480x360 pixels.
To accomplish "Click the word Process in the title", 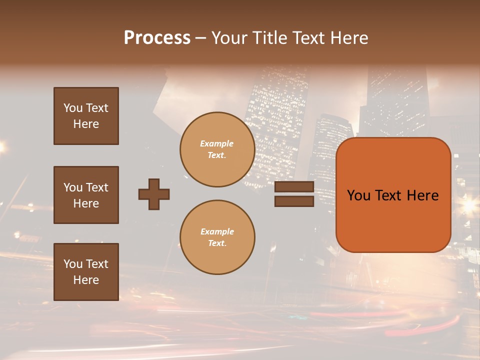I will (x=157, y=38).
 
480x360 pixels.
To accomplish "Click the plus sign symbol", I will (x=154, y=194).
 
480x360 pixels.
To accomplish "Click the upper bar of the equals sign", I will (x=294, y=187).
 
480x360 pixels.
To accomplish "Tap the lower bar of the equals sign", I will (x=294, y=201).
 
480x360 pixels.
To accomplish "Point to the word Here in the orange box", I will (x=422, y=195).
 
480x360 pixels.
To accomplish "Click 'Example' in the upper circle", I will (x=217, y=143).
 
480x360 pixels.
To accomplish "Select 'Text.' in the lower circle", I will (x=217, y=243).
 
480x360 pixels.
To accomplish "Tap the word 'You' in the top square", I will (x=73, y=108).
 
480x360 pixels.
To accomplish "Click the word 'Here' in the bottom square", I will (x=86, y=280).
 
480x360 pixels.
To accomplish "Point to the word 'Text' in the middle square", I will (x=97, y=187).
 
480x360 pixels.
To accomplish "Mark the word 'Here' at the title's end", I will (x=349, y=38).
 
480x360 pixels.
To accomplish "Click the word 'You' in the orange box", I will (x=358, y=195).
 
